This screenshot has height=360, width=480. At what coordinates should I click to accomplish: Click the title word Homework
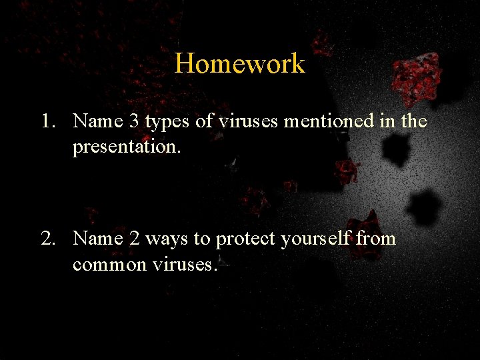pos(239,64)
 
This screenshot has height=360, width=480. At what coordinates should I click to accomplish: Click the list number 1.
pos(45,121)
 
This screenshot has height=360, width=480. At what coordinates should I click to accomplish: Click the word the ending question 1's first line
pos(413,121)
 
